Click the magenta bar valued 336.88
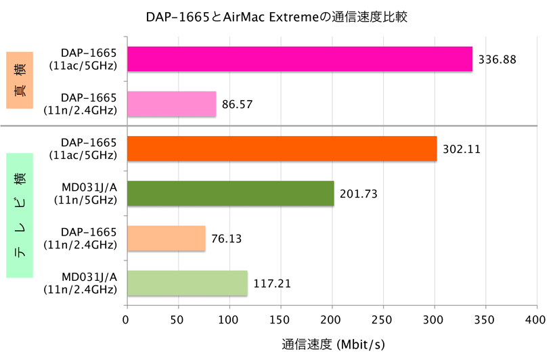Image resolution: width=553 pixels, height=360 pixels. point(299,60)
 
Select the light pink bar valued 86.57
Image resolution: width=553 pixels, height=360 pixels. point(171,104)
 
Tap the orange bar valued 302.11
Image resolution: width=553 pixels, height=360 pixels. point(282,149)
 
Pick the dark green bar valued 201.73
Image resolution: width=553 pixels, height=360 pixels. point(230,194)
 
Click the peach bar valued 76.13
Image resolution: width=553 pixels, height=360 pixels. point(166,238)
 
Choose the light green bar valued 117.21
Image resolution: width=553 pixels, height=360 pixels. point(187,283)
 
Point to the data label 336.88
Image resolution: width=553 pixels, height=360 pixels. point(497,60)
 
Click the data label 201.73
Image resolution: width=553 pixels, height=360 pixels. point(358,194)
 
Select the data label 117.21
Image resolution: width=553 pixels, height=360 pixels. point(272,284)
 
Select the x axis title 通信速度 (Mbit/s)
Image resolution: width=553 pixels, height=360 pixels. point(333,344)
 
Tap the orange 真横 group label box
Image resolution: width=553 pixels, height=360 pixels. point(20,80)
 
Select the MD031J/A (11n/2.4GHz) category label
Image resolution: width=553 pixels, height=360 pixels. point(81,283)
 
